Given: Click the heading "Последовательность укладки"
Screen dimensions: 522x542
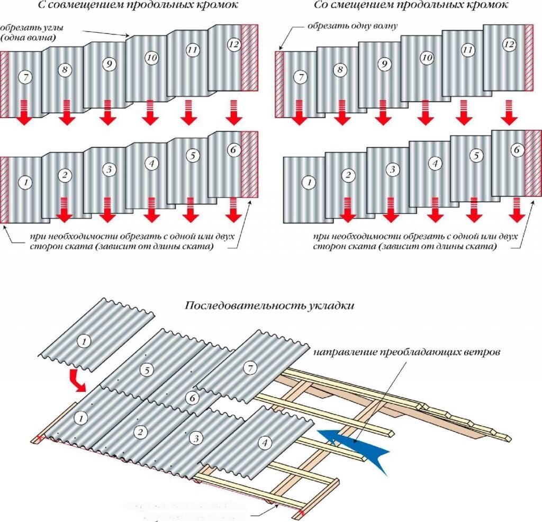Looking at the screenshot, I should pos(269,306).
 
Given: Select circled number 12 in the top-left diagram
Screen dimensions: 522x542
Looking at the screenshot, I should pos(234,44).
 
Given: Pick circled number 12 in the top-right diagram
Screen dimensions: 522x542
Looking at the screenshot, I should pos(509,44).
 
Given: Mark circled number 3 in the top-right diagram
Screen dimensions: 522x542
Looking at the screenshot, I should pos(392,169).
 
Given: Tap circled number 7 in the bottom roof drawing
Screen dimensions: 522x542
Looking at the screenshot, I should pos(249,369).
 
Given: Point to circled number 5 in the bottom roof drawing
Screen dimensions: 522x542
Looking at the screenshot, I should pos(147,370).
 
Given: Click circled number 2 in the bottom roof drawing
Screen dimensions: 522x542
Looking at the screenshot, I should pos(140,431).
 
